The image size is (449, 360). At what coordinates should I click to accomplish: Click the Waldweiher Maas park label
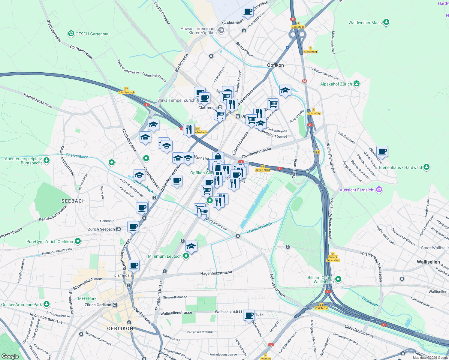(365, 22)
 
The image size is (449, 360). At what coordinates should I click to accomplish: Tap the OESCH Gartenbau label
(92, 34)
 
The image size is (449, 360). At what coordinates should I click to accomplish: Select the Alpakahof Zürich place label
(336, 84)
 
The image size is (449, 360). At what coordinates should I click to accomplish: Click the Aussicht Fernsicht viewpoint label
(357, 190)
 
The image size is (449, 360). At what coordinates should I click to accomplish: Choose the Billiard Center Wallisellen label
(321, 280)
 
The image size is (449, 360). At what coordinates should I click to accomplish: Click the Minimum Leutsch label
(165, 256)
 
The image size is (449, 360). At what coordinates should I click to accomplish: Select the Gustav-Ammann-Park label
(22, 304)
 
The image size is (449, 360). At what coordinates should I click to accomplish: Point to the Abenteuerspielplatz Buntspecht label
(23, 161)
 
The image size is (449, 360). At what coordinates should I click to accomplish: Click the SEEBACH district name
(74, 201)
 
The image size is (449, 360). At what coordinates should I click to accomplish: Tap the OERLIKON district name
(120, 328)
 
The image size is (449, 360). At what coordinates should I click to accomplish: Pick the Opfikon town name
(275, 65)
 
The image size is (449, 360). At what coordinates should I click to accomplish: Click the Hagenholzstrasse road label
(216, 273)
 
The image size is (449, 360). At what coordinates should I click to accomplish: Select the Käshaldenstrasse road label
(38, 100)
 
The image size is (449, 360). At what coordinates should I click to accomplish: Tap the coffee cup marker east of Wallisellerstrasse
(382, 151)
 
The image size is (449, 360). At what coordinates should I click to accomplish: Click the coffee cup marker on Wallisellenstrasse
(249, 315)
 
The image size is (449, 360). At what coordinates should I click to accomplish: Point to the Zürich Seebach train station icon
(119, 229)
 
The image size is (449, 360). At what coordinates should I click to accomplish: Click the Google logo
(10, 356)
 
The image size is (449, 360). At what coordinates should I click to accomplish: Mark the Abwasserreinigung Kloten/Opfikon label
(199, 31)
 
